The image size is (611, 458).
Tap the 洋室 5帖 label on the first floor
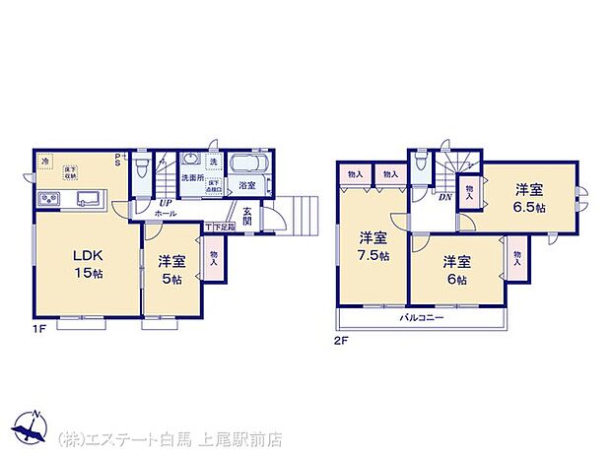pyautogui.click(x=171, y=270)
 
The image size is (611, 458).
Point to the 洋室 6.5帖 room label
pyautogui.click(x=529, y=199)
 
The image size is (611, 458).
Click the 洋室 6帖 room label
pyautogui.click(x=455, y=270)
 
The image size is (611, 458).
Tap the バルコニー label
pyautogui.click(x=422, y=318)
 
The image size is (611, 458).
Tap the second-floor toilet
pyautogui.click(x=421, y=164)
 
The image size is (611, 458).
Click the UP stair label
pyautogui.click(x=166, y=204)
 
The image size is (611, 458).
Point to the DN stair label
pyautogui.click(x=445, y=197)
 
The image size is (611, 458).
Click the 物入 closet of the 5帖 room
pyautogui.click(x=214, y=258)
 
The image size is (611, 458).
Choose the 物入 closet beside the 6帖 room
pyautogui.click(x=516, y=258)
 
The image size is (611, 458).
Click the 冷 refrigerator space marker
pyautogui.click(x=46, y=162)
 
